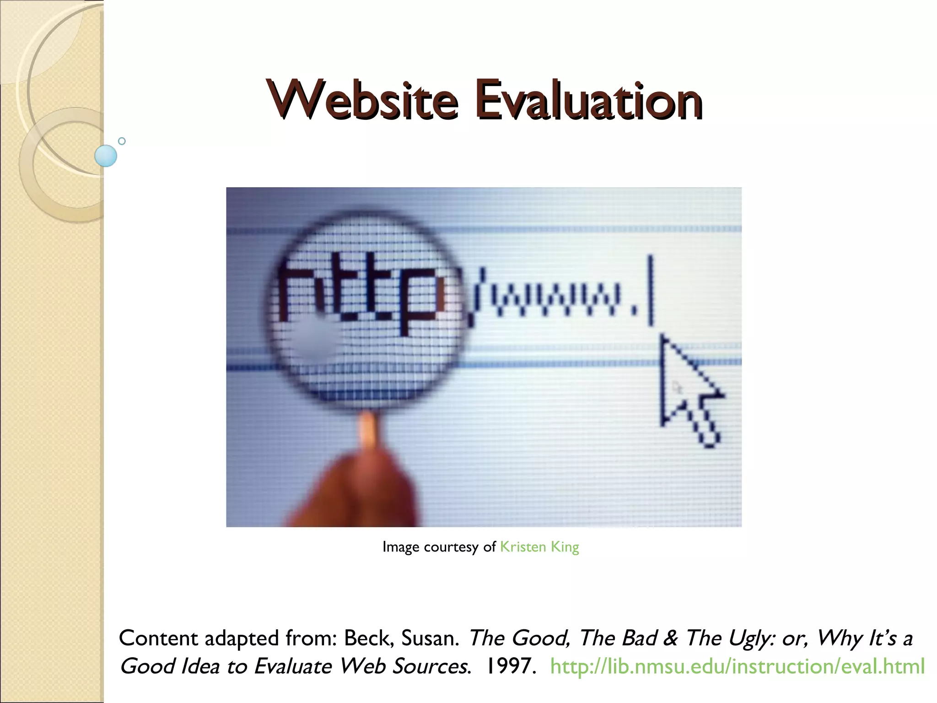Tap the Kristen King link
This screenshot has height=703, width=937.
tap(539, 547)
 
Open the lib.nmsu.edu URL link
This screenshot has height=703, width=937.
tap(737, 666)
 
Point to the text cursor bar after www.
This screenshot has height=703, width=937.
tap(651, 291)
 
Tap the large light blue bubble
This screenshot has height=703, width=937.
tap(106, 156)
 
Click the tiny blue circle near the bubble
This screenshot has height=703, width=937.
tap(122, 141)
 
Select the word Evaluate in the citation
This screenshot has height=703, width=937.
tap(292, 666)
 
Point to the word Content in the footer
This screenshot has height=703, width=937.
tap(158, 638)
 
